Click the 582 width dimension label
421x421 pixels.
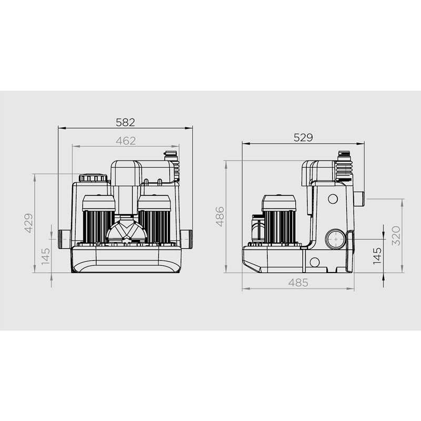tap(125, 123)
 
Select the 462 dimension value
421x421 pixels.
tap(126, 141)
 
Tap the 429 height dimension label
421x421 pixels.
tap(29, 223)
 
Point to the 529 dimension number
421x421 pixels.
tap(303, 137)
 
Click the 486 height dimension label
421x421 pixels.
tap(220, 216)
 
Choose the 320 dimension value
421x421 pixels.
tap(396, 236)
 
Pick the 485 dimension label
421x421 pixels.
tap(298, 283)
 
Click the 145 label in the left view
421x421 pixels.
tap(46, 256)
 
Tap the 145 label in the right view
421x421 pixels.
tap(377, 256)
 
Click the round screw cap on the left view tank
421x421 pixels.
tap(93, 178)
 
